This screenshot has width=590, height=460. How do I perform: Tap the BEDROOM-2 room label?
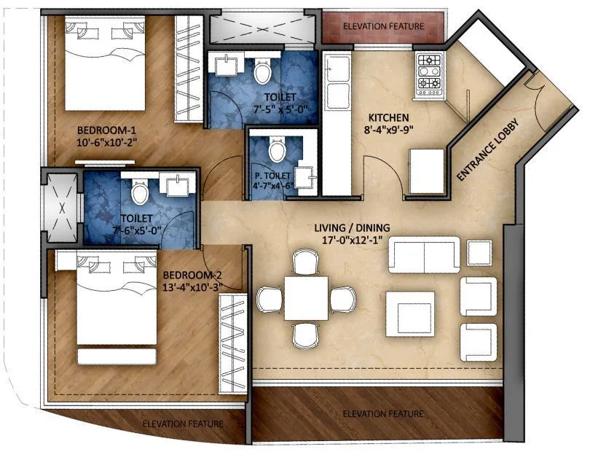(192, 275)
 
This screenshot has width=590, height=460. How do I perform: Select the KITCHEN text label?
(388, 117)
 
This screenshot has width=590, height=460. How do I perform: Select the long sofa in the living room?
(423, 253)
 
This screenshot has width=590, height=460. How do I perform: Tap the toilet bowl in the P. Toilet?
(276, 151)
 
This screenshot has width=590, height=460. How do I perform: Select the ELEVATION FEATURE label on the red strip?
(382, 26)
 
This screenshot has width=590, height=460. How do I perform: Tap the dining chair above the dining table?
(304, 261)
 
